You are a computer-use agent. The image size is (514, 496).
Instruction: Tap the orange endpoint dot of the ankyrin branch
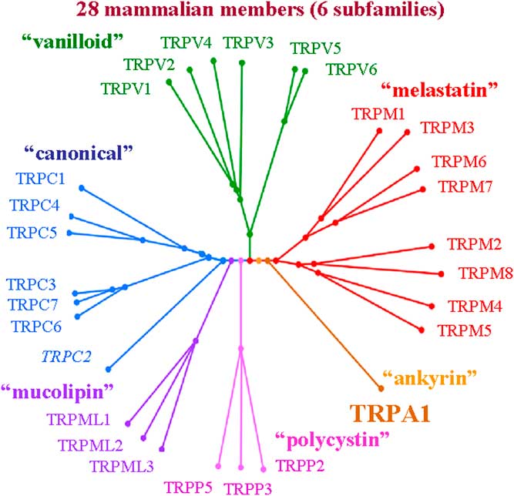pyautogui.click(x=381, y=387)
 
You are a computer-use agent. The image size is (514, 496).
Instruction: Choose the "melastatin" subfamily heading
pyautogui.click(x=442, y=91)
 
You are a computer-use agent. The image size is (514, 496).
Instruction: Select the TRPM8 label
pyautogui.click(x=482, y=273)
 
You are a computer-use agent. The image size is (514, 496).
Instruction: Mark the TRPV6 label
pyautogui.click(x=351, y=69)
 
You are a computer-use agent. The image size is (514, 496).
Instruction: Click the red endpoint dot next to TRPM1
pyautogui.click(x=379, y=132)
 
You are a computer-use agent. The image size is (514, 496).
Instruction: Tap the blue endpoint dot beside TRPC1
pyautogui.click(x=82, y=188)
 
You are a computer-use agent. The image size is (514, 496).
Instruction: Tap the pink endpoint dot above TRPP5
pyautogui.click(x=219, y=465)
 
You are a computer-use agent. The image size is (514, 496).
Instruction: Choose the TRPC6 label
pyautogui.click(x=38, y=325)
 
